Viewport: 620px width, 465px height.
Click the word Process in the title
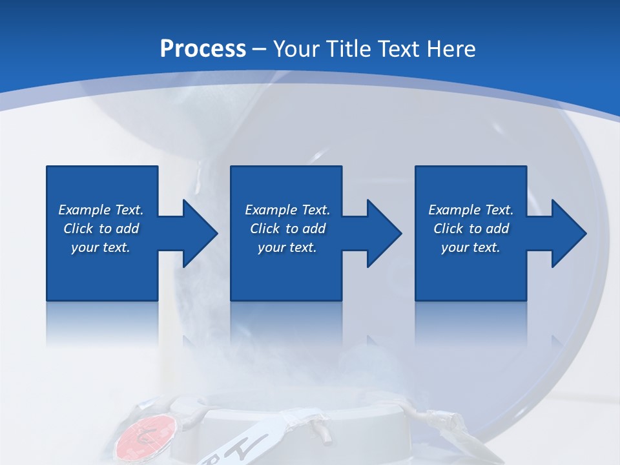coord(203,49)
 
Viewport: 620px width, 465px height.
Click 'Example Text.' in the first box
coord(101,210)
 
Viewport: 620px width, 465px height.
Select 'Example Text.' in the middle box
coord(287,210)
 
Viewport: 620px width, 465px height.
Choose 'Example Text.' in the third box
coord(471,210)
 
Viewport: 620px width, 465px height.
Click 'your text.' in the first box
coord(101,247)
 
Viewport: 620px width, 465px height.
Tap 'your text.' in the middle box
coord(287,247)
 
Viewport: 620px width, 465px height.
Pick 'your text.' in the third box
coord(471,247)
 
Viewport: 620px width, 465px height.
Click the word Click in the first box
coord(79,229)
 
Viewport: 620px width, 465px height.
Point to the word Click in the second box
coord(265,229)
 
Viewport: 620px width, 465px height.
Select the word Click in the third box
coord(449,229)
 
